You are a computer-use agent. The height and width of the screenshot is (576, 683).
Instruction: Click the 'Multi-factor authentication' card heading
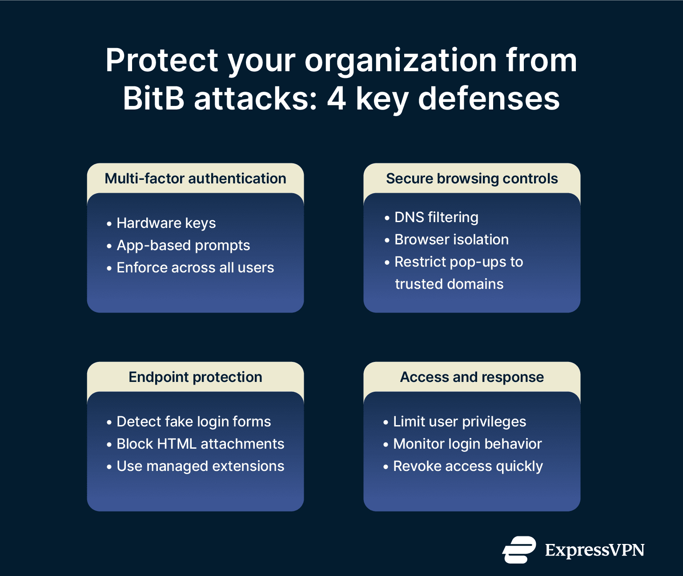(195, 178)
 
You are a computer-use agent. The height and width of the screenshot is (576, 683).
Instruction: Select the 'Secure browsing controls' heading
(472, 178)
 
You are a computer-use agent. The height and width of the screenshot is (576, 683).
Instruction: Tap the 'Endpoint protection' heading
(195, 377)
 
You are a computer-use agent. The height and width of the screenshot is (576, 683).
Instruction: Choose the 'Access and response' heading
(472, 377)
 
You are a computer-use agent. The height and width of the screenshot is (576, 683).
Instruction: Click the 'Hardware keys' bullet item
(166, 223)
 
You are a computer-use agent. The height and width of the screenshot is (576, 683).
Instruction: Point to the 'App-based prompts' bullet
(183, 245)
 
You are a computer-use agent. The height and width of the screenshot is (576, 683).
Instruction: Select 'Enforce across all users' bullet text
(195, 268)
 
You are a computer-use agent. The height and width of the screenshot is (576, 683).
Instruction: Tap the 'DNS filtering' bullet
(436, 217)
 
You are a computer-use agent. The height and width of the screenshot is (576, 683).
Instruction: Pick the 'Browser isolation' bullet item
(451, 239)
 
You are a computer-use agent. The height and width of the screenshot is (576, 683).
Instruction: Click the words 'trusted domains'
(449, 284)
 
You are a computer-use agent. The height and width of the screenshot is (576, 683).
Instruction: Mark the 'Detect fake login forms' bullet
(193, 422)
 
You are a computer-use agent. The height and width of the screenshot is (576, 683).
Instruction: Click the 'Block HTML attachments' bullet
(200, 444)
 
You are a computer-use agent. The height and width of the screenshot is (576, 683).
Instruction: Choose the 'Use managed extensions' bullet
(200, 466)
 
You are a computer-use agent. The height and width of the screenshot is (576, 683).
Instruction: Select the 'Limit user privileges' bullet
(459, 422)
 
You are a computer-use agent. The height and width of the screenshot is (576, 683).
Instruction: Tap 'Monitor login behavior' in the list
(467, 444)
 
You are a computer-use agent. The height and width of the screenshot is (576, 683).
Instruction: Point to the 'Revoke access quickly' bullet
(468, 466)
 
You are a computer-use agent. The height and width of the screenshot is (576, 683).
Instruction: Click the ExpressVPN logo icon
(519, 550)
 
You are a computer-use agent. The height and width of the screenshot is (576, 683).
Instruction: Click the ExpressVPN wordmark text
(595, 550)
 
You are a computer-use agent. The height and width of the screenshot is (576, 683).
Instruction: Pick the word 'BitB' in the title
(153, 98)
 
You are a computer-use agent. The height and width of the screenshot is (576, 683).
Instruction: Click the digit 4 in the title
(336, 98)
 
